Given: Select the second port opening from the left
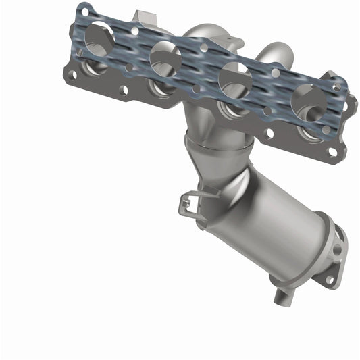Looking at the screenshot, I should pos(165,59).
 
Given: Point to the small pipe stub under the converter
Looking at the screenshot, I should pos(282,294).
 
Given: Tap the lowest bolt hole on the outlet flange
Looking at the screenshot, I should pos(330,279).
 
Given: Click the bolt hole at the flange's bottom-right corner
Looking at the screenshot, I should pos(332,152).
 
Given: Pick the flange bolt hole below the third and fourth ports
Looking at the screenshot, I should pos(269,134).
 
